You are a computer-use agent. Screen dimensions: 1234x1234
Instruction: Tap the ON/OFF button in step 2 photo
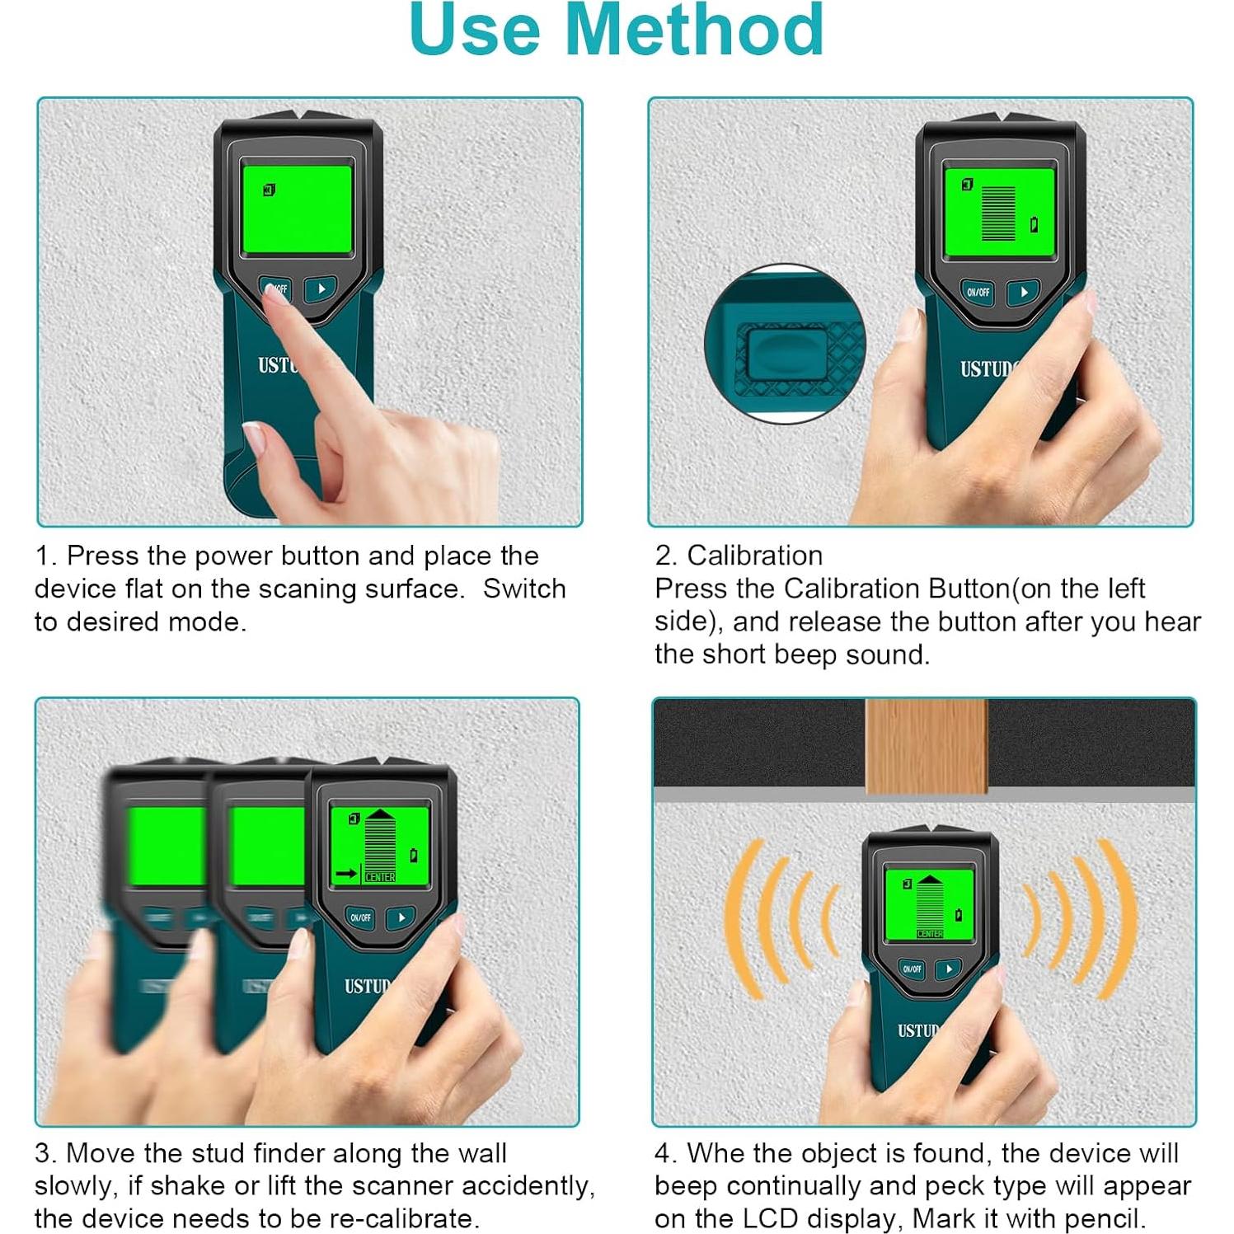click(978, 292)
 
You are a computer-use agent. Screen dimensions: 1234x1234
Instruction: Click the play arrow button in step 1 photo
click(321, 289)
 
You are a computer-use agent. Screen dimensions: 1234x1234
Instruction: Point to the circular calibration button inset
click(785, 345)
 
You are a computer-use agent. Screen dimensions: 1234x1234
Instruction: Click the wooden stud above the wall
click(926, 746)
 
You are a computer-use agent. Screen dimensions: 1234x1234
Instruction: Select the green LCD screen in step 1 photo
click(298, 210)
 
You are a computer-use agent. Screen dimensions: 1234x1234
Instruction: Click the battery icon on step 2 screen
click(1034, 224)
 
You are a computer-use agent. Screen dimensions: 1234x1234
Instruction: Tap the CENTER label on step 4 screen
click(929, 933)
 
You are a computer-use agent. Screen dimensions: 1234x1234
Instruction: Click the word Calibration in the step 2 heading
click(754, 556)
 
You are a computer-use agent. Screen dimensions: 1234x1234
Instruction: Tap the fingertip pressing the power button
click(275, 293)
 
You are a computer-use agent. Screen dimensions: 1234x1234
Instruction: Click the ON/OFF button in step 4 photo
click(911, 969)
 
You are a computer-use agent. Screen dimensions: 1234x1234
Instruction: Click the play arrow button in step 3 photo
click(401, 917)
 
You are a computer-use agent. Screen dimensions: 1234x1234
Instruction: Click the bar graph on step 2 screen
click(998, 213)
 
